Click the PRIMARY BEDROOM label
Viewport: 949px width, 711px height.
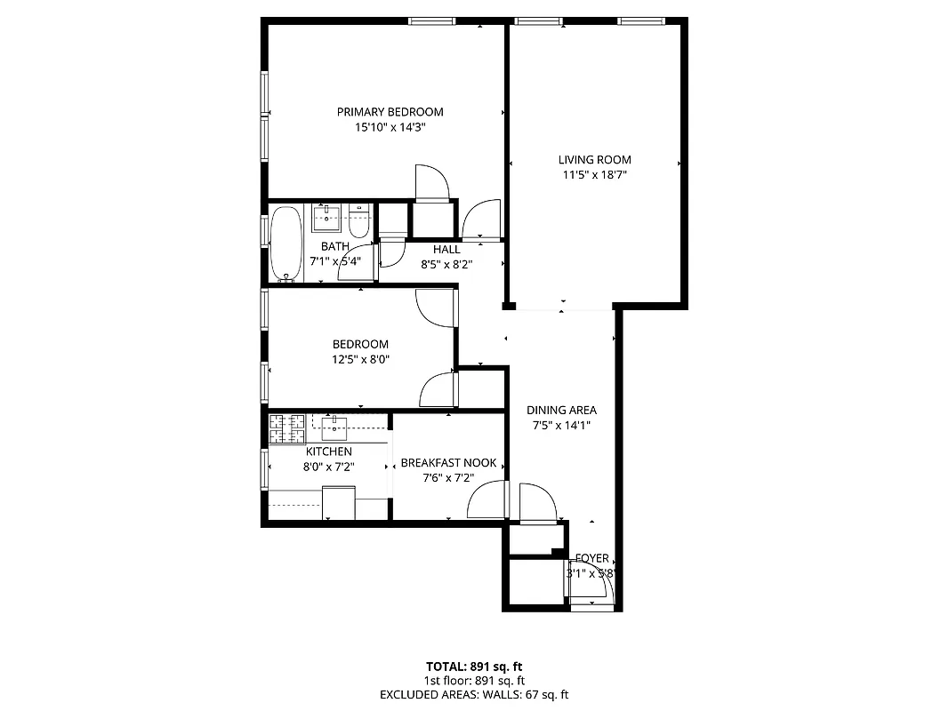390,112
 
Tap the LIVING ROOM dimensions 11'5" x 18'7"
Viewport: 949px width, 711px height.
594,175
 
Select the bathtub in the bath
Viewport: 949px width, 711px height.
286,244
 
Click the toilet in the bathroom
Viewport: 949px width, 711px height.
358,220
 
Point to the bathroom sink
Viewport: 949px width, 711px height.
327,215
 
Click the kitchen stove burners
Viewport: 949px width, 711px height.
286,429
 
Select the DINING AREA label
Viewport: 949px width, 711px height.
561,411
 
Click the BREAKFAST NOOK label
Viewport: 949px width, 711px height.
448,463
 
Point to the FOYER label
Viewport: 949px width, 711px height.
591,558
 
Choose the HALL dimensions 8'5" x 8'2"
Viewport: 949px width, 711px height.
446,264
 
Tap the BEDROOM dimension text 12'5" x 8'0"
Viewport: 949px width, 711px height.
360,360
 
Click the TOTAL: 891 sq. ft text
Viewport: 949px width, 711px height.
473,666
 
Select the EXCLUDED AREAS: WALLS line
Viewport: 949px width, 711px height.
473,695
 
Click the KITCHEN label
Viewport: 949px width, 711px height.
328,451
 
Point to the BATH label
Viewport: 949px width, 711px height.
334,246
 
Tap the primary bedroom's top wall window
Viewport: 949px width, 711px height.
433,21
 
